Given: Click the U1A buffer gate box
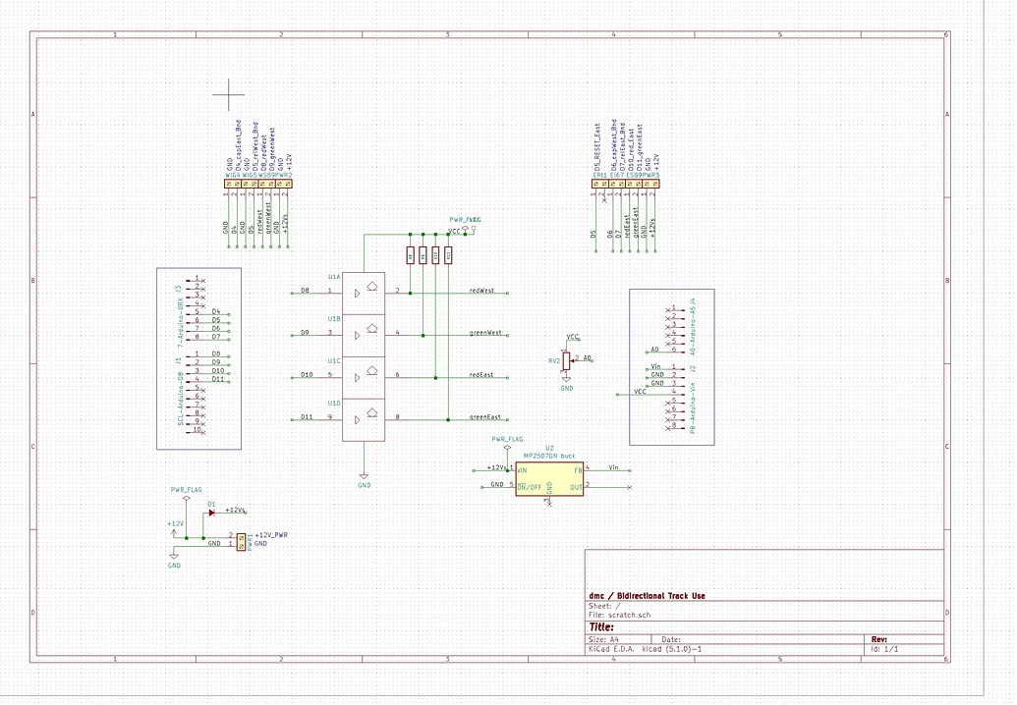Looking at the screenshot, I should tap(364, 292).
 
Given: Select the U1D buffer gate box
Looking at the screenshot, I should tap(364, 418).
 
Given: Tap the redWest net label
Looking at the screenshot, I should tap(481, 292).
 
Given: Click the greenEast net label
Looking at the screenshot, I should tap(484, 417).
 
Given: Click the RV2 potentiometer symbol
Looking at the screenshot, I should tap(566, 361).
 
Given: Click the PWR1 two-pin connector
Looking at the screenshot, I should tap(241, 540).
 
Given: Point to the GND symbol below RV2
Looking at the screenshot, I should tap(566, 385).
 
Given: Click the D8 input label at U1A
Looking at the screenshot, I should tap(305, 292).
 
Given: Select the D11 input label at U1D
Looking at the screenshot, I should tap(307, 417).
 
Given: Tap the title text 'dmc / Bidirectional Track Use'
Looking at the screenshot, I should tap(647, 596).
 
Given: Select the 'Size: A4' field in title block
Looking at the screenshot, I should tap(603, 639).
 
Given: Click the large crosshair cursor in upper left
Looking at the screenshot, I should tap(228, 94).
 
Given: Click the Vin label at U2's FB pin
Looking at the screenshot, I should tap(613, 467).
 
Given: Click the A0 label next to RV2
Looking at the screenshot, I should tap(588, 358).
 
